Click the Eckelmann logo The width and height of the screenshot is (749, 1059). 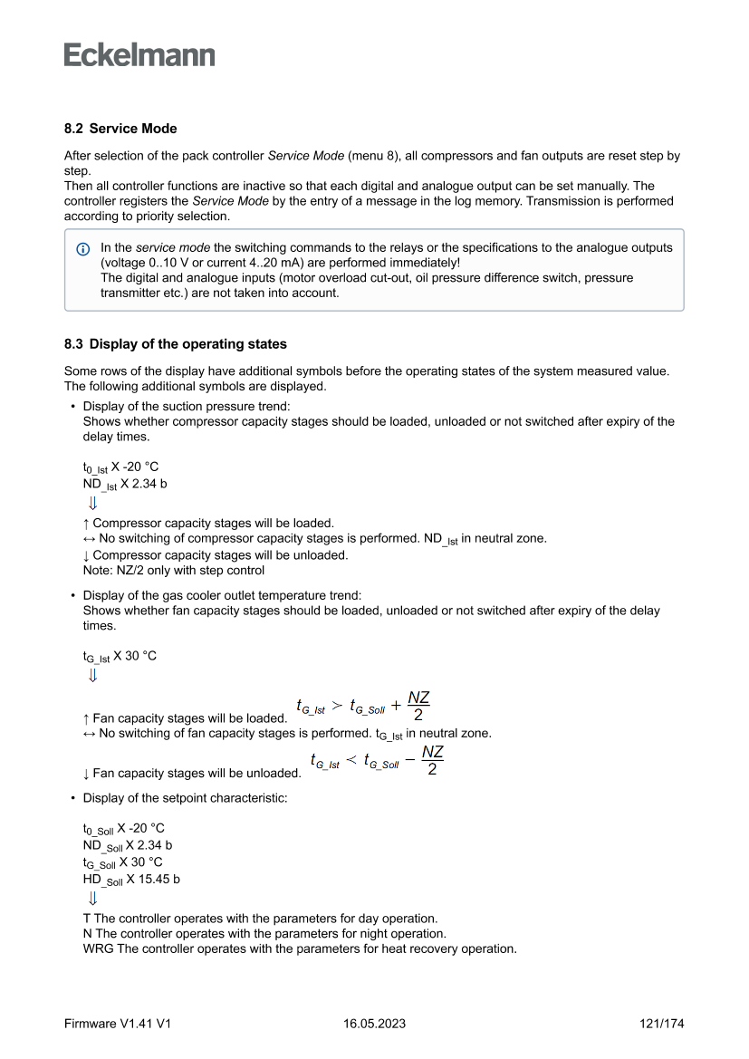tap(139, 55)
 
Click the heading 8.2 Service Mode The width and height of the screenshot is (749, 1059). tap(120, 129)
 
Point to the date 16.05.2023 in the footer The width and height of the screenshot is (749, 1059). tap(374, 1024)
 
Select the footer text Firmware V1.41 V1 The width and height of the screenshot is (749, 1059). tap(118, 1024)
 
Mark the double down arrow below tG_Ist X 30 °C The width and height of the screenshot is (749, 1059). tap(92, 675)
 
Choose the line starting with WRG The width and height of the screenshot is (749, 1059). tap(299, 949)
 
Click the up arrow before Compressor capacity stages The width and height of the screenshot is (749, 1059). tap(86, 523)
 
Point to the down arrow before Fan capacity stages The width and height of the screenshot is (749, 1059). tap(86, 774)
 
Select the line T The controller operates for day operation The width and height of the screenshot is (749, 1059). tap(260, 918)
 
